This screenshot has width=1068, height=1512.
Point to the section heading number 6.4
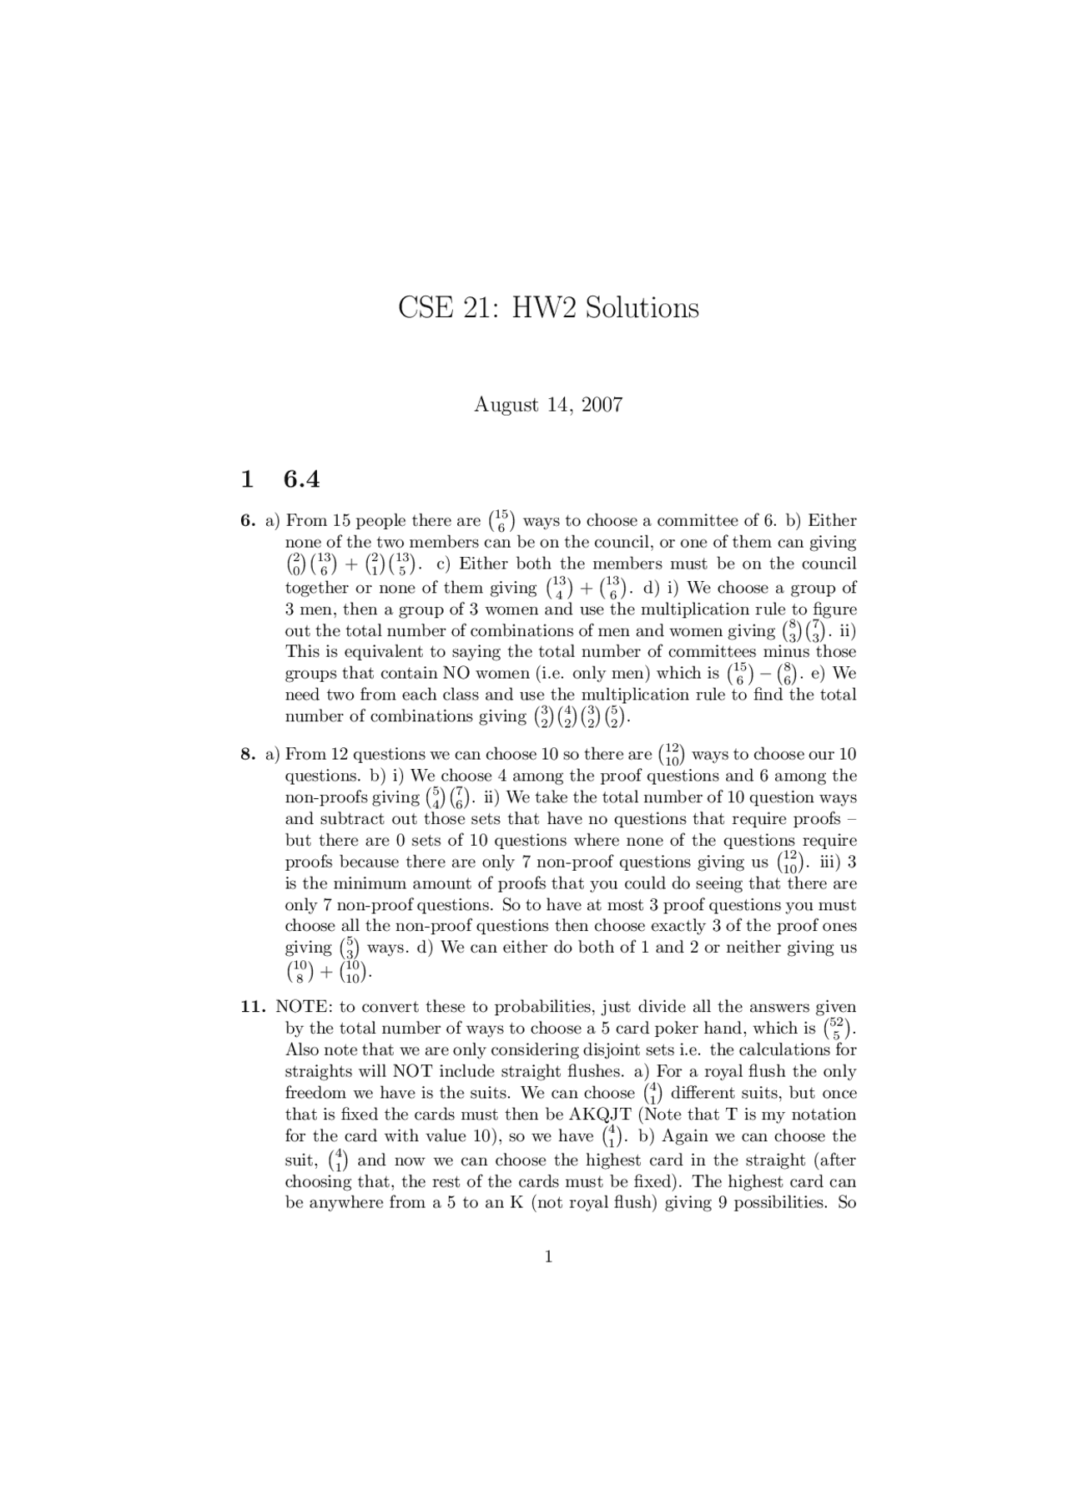(301, 479)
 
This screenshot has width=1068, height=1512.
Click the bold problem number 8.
(247, 754)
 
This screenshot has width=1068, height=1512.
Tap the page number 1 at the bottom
(548, 1257)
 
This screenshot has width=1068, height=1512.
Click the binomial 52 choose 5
(838, 1029)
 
